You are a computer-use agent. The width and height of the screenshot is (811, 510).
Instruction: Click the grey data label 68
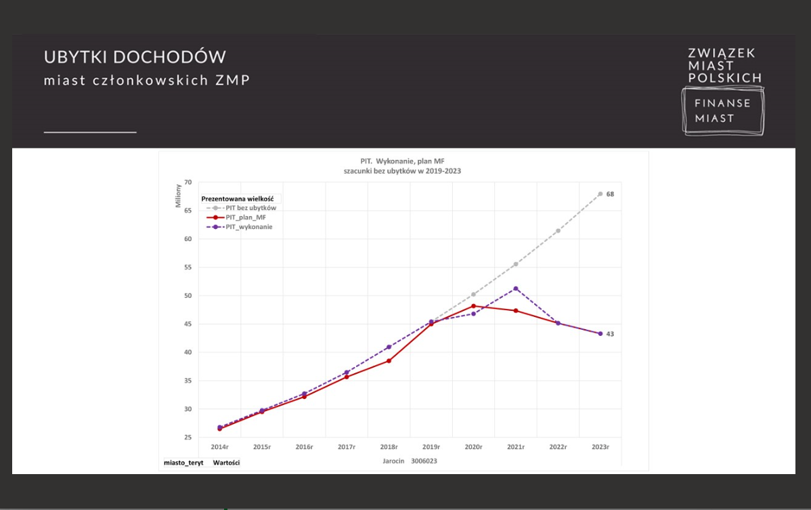click(x=610, y=194)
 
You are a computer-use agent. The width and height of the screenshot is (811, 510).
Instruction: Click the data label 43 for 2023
click(x=610, y=334)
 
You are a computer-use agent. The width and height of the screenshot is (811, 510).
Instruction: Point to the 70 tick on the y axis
click(x=188, y=182)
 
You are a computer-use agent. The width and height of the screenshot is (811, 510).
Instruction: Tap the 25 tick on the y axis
click(x=188, y=438)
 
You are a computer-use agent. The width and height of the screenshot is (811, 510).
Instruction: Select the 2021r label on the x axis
click(x=516, y=447)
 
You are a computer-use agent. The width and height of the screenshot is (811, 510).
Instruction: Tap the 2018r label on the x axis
click(x=389, y=447)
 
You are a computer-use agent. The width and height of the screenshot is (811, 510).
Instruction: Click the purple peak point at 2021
click(x=516, y=289)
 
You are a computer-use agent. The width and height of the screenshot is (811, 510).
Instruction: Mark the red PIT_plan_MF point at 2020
click(x=473, y=306)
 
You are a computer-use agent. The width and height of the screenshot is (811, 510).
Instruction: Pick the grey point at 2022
click(x=558, y=231)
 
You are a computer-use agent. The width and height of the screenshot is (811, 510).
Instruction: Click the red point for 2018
click(x=389, y=361)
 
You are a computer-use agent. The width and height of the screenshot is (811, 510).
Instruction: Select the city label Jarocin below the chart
click(x=393, y=461)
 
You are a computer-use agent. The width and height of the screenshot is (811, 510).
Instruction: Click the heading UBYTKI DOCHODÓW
click(x=135, y=57)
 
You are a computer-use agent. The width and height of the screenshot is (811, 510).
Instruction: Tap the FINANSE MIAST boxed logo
click(x=722, y=110)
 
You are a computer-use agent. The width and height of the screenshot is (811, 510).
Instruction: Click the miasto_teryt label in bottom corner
click(x=183, y=463)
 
